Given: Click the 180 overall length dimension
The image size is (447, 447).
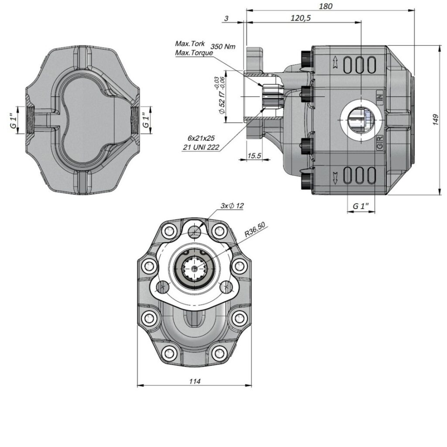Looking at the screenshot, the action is click(x=326, y=6).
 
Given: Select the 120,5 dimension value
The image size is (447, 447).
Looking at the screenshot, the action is click(x=300, y=18).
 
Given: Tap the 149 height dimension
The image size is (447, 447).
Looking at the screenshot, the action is click(x=435, y=120).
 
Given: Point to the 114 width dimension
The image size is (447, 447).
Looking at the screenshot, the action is click(x=195, y=381).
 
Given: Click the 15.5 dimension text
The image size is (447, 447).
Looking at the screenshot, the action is click(x=254, y=156).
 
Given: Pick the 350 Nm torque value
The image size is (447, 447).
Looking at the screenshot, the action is click(x=223, y=46).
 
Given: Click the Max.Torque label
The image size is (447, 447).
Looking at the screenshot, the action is click(x=194, y=53).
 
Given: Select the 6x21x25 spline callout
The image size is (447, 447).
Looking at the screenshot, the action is click(x=201, y=138).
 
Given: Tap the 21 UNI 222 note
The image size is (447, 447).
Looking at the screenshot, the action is click(x=201, y=148).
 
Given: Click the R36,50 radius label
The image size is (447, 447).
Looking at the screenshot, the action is click(x=255, y=230).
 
